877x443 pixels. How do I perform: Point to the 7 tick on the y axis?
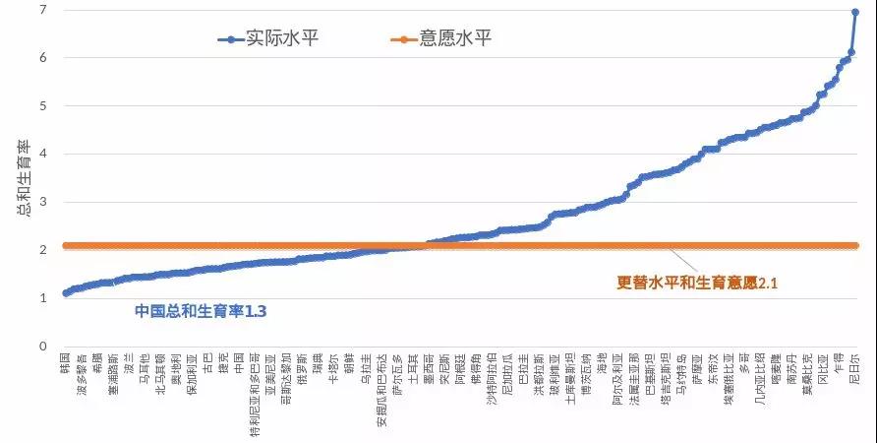42,10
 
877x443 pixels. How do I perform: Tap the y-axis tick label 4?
42,154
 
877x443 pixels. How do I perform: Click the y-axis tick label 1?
42,298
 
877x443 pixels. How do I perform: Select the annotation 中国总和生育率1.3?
201,311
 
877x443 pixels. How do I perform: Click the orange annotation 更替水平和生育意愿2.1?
697,283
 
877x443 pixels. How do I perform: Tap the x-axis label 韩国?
65,361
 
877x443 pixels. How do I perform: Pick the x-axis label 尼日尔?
854,366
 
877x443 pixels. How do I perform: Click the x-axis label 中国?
238,361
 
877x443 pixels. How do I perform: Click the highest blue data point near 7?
855,12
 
